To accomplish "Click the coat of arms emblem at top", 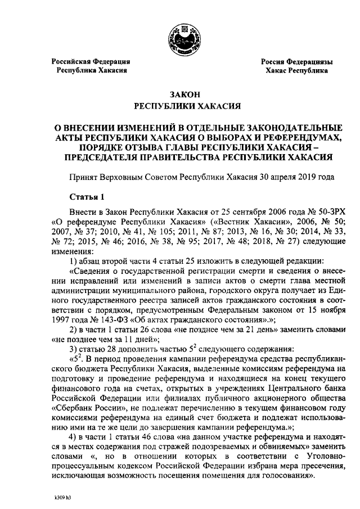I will click(180, 33).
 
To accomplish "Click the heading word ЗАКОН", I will click(179, 94).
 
